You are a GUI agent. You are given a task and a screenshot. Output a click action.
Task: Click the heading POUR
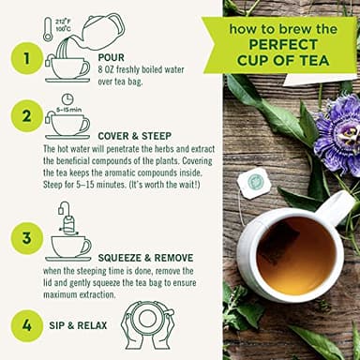coord(111,57)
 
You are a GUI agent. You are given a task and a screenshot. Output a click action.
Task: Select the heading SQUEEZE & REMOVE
coord(146,256)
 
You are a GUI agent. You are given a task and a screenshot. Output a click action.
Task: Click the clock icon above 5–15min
coord(67,99)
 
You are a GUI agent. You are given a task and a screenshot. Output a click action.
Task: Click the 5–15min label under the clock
coord(67,110)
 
